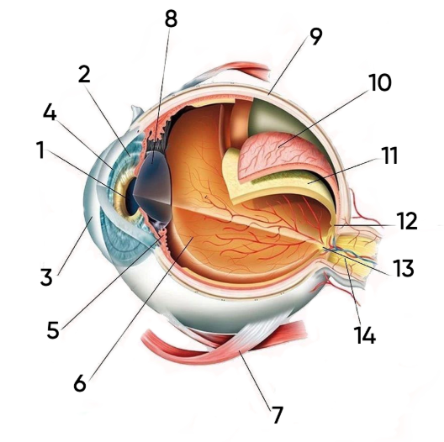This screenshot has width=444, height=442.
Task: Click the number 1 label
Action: pyautogui.click(x=41, y=150)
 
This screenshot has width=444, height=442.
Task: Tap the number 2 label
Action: pyautogui.click(x=84, y=74)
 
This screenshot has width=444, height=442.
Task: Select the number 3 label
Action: pyautogui.click(x=46, y=276)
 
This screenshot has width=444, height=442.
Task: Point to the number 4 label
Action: pyautogui.click(x=50, y=112)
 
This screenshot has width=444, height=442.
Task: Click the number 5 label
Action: pyautogui.click(x=53, y=329)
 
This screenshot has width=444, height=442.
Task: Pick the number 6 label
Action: pyautogui.click(x=80, y=383)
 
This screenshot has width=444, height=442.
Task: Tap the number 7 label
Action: pyautogui.click(x=277, y=414)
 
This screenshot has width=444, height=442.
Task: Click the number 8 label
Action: pyautogui.click(x=171, y=19)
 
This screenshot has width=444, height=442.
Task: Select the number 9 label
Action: pyautogui.click(x=316, y=37)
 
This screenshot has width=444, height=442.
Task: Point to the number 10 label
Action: pyautogui.click(x=380, y=82)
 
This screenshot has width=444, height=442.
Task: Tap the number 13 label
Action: pyautogui.click(x=404, y=268)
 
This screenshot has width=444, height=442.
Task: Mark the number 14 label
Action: pyautogui.click(x=365, y=335)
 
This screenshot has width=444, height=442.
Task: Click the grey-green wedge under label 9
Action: pyautogui.click(x=272, y=118)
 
